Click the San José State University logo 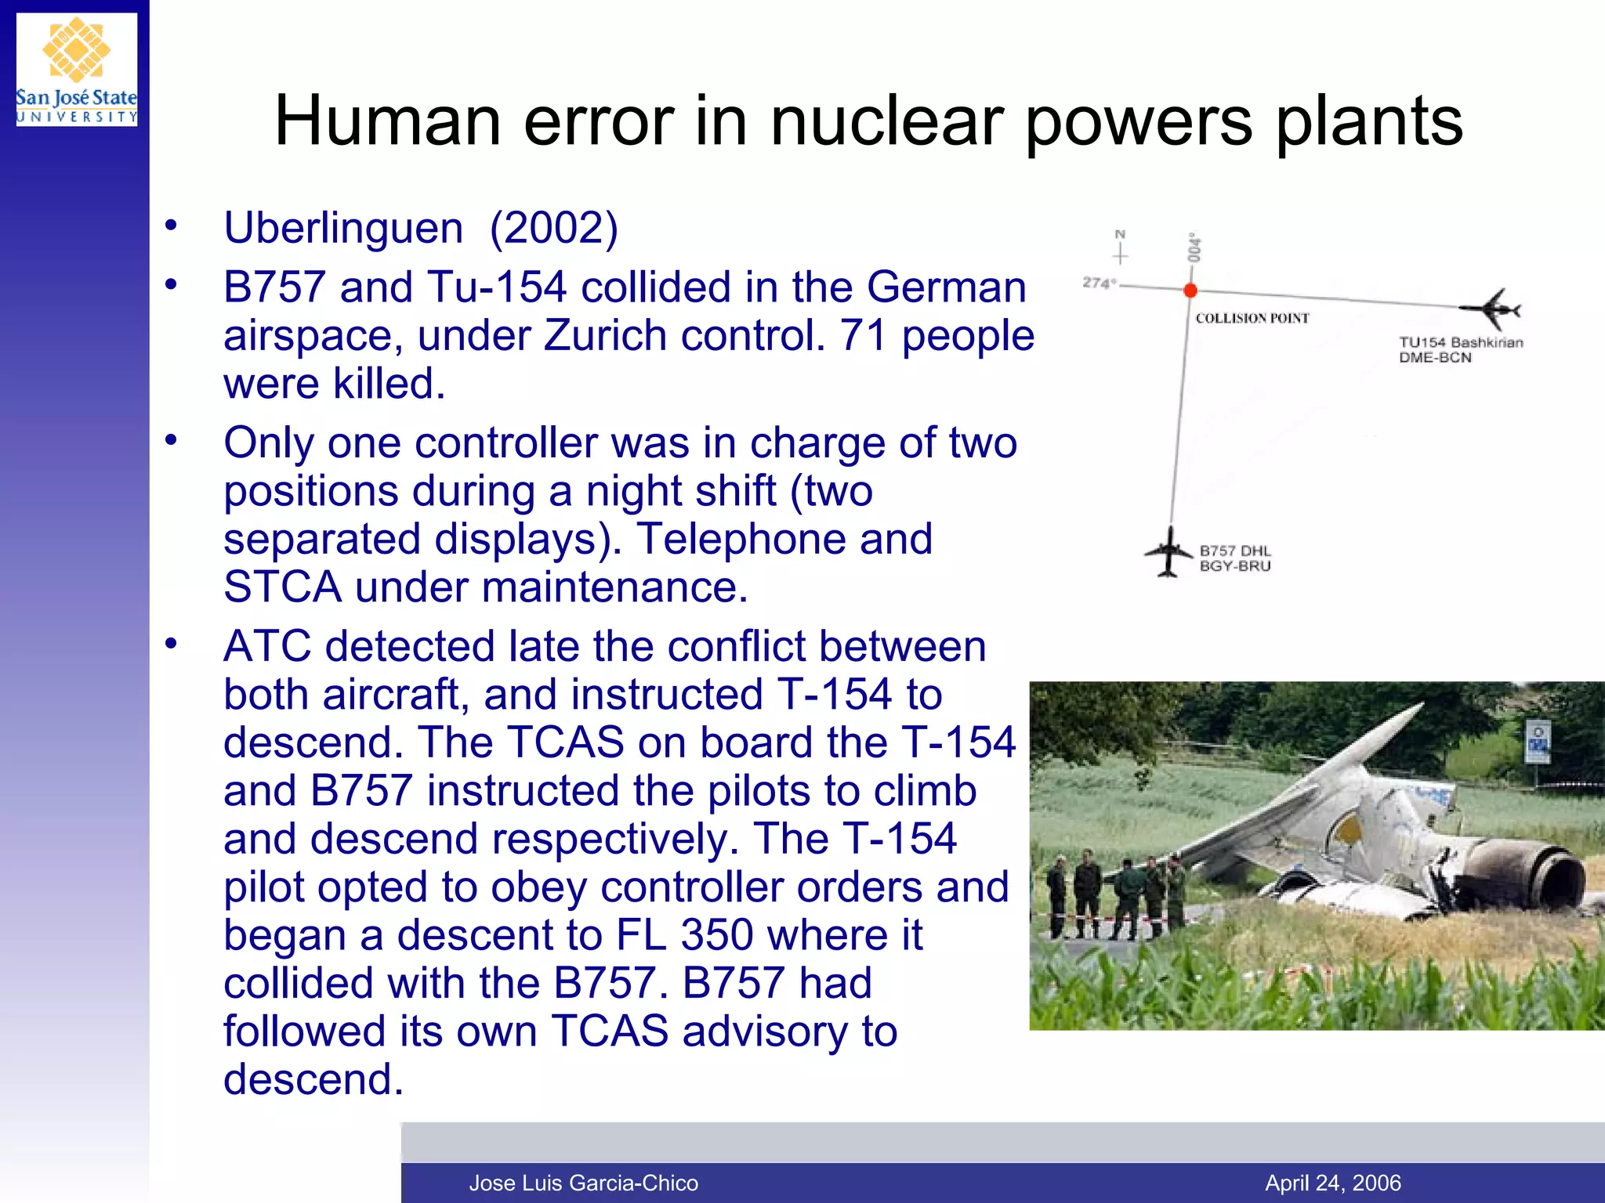pyautogui.click(x=77, y=70)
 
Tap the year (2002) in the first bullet pyautogui.click(x=553, y=228)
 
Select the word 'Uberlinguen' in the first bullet pyautogui.click(x=343, y=228)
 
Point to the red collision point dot pyautogui.click(x=1190, y=291)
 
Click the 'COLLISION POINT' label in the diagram pyautogui.click(x=1252, y=318)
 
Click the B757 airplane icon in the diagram pyautogui.click(x=1168, y=552)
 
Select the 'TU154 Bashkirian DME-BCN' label pyautogui.click(x=1460, y=349)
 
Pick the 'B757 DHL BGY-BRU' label pyautogui.click(x=1235, y=558)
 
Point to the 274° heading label pyautogui.click(x=1098, y=283)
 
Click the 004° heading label pyautogui.click(x=1194, y=247)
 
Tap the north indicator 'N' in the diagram pyautogui.click(x=1120, y=234)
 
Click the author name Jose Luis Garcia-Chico pyautogui.click(x=583, y=1183)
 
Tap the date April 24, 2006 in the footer pyautogui.click(x=1333, y=1183)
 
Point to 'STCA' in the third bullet pyautogui.click(x=282, y=587)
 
